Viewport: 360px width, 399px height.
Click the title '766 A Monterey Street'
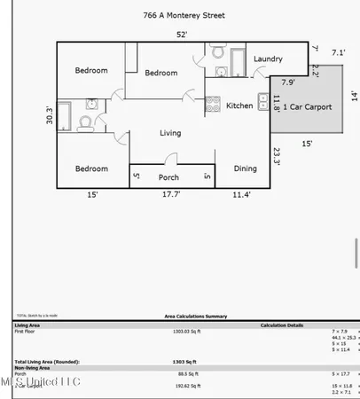pos(184,15)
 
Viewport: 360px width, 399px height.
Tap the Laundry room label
pos(268,59)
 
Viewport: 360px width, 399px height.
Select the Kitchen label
pos(239,106)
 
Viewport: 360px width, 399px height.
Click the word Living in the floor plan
pos(170,134)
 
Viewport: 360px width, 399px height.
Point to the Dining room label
pos(246,168)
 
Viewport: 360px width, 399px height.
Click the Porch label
pos(168,177)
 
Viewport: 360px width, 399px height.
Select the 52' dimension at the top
pos(181,35)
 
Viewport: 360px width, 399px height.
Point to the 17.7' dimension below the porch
pos(171,195)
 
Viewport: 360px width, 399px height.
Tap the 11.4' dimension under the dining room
pos(241,195)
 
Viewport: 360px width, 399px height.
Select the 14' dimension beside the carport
pos(353,95)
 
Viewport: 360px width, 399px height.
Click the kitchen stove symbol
pos(213,106)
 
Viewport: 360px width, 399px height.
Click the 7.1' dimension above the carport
pos(339,53)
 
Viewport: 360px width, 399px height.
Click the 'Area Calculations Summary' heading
pos(196,316)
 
